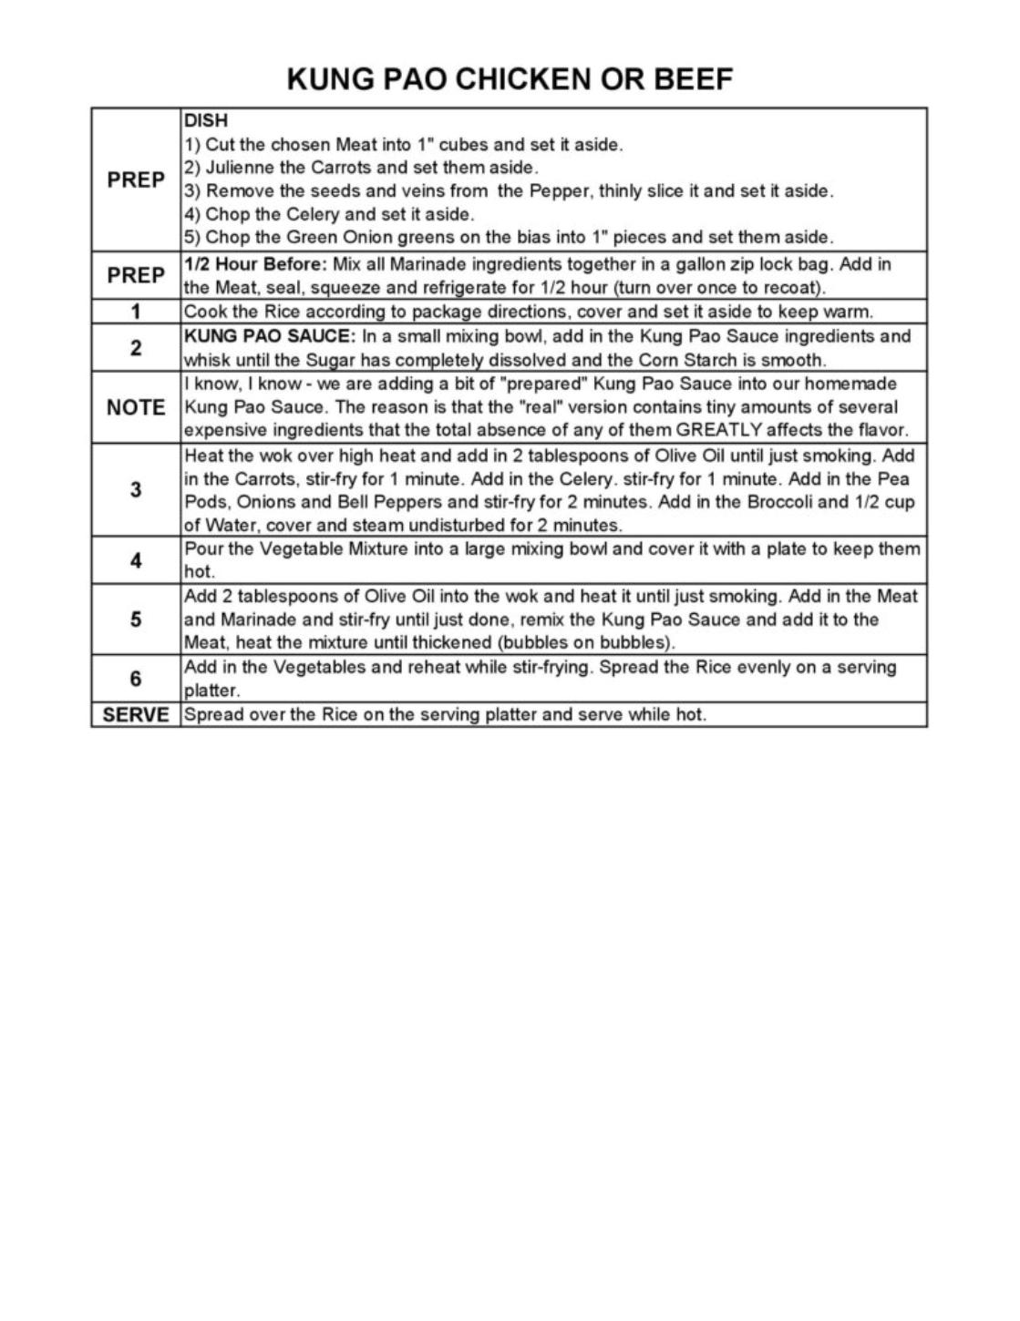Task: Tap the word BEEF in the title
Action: [x=694, y=79]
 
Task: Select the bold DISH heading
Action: [x=206, y=120]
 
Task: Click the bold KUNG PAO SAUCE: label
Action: [x=270, y=335]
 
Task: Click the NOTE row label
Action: [x=136, y=407]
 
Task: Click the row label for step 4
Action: [x=136, y=560]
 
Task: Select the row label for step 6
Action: [x=136, y=679]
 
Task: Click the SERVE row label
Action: [x=136, y=715]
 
